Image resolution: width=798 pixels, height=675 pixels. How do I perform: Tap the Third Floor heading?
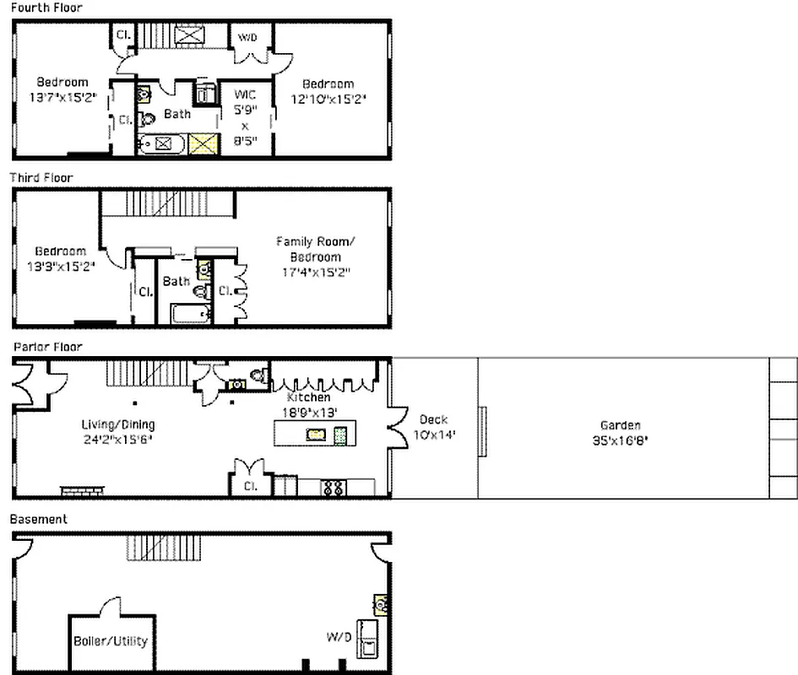pos(41,178)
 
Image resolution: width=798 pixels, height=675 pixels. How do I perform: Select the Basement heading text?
pos(38,519)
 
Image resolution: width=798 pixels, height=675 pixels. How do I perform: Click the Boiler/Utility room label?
pos(110,640)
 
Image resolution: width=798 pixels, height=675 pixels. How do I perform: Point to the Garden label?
pos(620,426)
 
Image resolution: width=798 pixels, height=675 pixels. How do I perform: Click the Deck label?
pos(433,419)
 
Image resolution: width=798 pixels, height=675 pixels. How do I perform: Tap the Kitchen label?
pos(308,397)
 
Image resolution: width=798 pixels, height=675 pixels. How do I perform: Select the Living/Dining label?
pos(117,424)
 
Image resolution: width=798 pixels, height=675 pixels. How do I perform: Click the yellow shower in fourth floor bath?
pos(204,144)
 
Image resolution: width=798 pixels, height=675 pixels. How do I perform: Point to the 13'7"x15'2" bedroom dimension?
pos(62,97)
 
